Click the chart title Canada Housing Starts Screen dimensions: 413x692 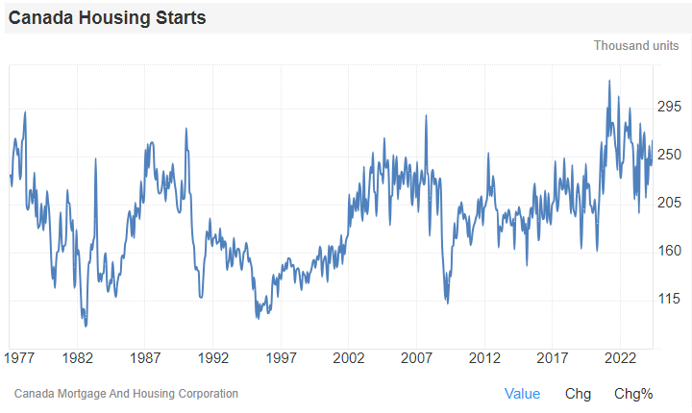click(x=107, y=18)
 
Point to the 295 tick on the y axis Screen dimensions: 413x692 click(x=669, y=107)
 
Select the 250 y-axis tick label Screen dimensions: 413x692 click(x=669, y=155)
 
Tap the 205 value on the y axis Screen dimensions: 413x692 click(x=669, y=203)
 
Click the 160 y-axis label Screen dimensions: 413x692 click(x=669, y=252)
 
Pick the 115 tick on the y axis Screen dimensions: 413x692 click(x=669, y=300)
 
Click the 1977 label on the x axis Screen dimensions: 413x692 click(x=19, y=358)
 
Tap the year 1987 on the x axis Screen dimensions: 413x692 click(x=146, y=358)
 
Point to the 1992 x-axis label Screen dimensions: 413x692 click(x=213, y=358)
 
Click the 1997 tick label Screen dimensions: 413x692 click(x=282, y=358)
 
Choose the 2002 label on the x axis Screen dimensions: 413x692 click(x=349, y=358)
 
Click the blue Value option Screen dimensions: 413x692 click(x=522, y=394)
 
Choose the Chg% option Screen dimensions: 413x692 click(x=633, y=394)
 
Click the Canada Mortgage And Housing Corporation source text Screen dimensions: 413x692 click(x=127, y=394)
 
